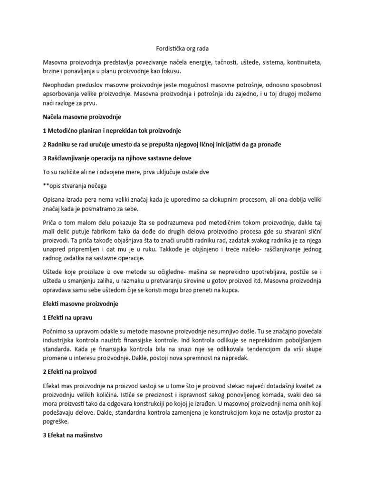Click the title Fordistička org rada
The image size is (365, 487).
tap(182, 49)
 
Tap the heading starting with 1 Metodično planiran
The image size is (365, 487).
tap(112, 130)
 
